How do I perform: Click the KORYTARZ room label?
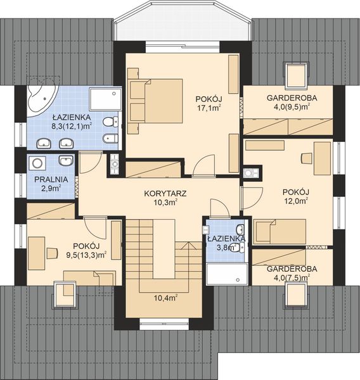point(165,194)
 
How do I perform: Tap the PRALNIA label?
point(51,180)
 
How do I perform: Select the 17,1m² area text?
point(209,108)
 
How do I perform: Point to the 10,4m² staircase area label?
point(165,298)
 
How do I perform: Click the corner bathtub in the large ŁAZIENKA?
point(41,97)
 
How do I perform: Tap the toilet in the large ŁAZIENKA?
point(110,122)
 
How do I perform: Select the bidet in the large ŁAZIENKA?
point(110,139)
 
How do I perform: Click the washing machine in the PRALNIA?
point(37,163)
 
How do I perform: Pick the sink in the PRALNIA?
point(66,160)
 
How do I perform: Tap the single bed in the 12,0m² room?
point(280,231)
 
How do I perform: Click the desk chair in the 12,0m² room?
point(306,158)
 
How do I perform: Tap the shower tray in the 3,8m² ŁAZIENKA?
point(227,274)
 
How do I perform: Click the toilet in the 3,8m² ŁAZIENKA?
point(238,248)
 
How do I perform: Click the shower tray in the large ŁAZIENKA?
point(105,99)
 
